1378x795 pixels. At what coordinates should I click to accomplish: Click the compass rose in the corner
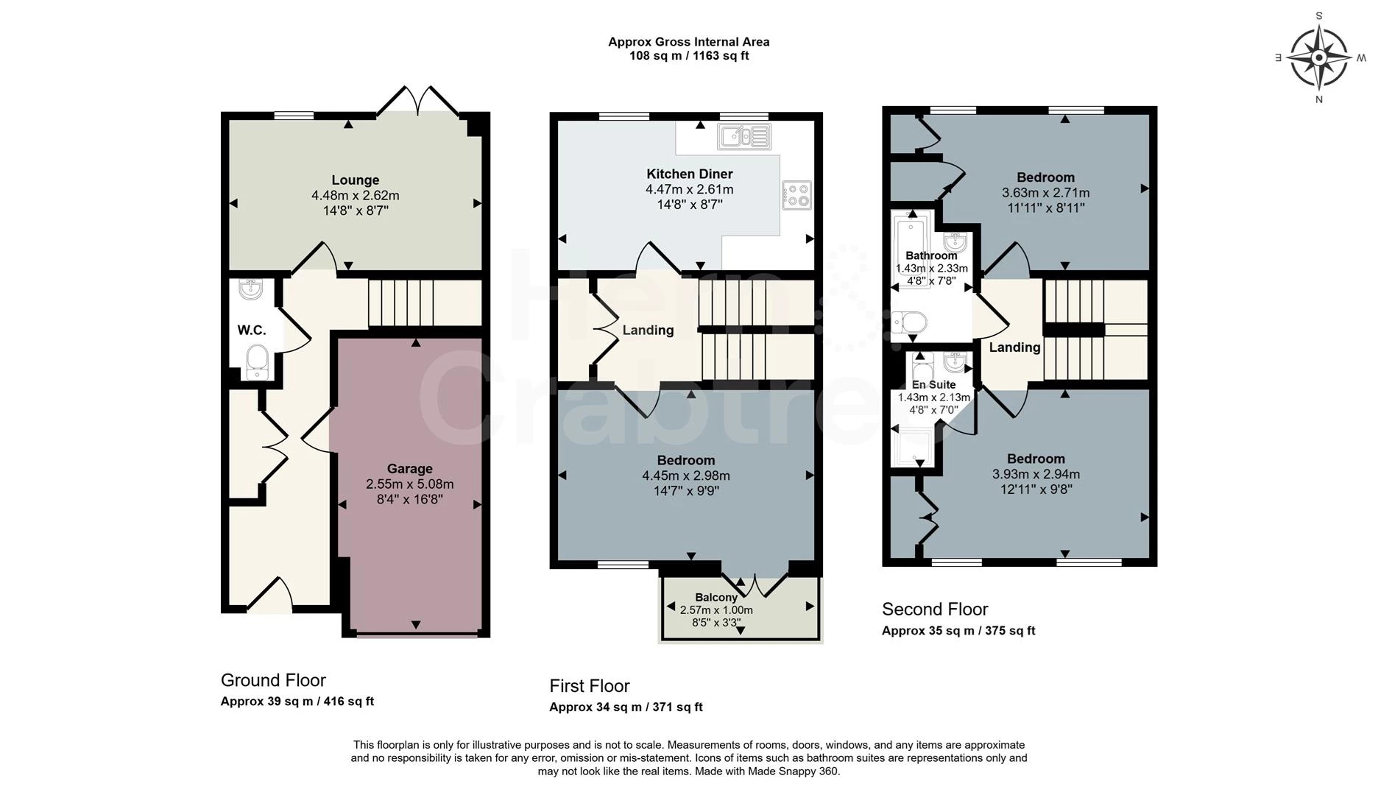coord(1319,57)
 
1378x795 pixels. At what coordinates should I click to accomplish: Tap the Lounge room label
coord(356,180)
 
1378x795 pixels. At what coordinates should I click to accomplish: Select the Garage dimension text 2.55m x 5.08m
coord(410,484)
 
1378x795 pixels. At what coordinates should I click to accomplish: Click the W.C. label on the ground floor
coord(252,331)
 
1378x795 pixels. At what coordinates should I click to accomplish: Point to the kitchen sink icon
coord(744,136)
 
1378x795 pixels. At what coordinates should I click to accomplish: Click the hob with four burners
coord(797,195)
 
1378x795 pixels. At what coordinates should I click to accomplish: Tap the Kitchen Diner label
coord(690,174)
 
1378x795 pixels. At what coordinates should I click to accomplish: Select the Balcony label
coord(716,598)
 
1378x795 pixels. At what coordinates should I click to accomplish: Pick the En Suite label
coord(934,384)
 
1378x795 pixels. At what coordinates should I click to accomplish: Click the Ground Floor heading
coord(273,680)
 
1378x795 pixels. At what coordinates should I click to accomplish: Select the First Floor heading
coord(590,686)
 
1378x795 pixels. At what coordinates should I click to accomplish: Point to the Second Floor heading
coord(935,609)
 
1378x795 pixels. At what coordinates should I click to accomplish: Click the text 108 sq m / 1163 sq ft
coord(689,56)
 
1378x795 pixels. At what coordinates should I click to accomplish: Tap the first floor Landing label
coord(648,331)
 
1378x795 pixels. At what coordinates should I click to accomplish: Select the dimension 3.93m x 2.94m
coord(1036,475)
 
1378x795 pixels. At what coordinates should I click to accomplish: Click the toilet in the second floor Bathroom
coord(910,322)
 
